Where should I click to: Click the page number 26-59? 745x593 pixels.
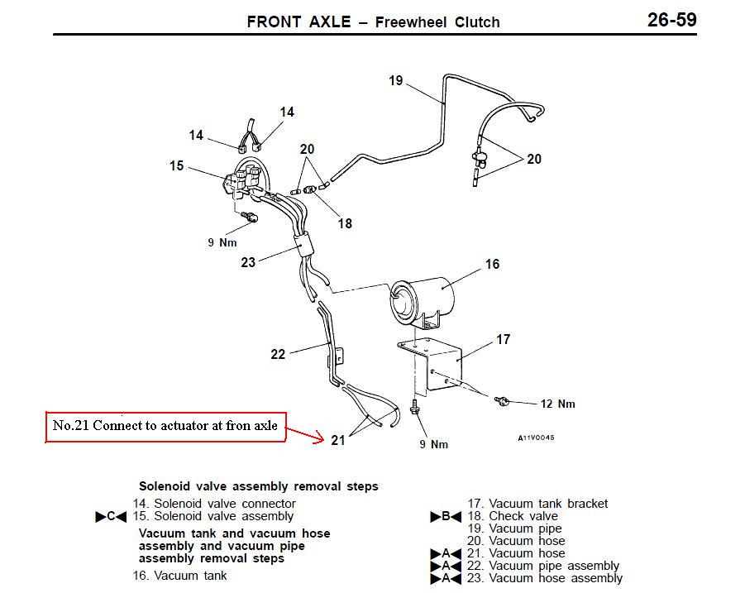pyautogui.click(x=672, y=20)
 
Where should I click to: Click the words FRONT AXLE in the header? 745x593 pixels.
pyautogui.click(x=298, y=22)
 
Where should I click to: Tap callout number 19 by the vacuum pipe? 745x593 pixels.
pyautogui.click(x=396, y=80)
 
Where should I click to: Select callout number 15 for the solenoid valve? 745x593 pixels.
pyautogui.click(x=176, y=165)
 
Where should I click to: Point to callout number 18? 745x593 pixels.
pyautogui.click(x=345, y=223)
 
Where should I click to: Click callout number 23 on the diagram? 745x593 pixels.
pyautogui.click(x=248, y=262)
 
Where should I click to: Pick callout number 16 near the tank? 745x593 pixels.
pyautogui.click(x=492, y=264)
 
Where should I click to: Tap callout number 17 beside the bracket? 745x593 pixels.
pyautogui.click(x=504, y=339)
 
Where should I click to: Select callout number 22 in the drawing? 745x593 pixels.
pyautogui.click(x=278, y=354)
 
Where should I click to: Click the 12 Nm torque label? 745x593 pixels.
pyautogui.click(x=558, y=404)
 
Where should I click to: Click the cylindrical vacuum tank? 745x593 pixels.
pyautogui.click(x=421, y=300)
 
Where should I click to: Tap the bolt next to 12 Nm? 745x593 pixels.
pyautogui.click(x=502, y=401)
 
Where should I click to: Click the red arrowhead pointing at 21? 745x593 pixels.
pyautogui.click(x=318, y=438)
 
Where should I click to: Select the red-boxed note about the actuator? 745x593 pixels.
pyautogui.click(x=166, y=427)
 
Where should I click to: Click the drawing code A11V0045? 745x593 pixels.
pyautogui.click(x=536, y=438)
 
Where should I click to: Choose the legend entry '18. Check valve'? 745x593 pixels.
pyautogui.click(x=512, y=516)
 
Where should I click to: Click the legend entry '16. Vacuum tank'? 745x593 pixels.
pyautogui.click(x=179, y=576)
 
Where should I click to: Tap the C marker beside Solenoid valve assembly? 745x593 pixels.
pyautogui.click(x=111, y=517)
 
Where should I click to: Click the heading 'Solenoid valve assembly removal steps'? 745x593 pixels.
pyautogui.click(x=259, y=486)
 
